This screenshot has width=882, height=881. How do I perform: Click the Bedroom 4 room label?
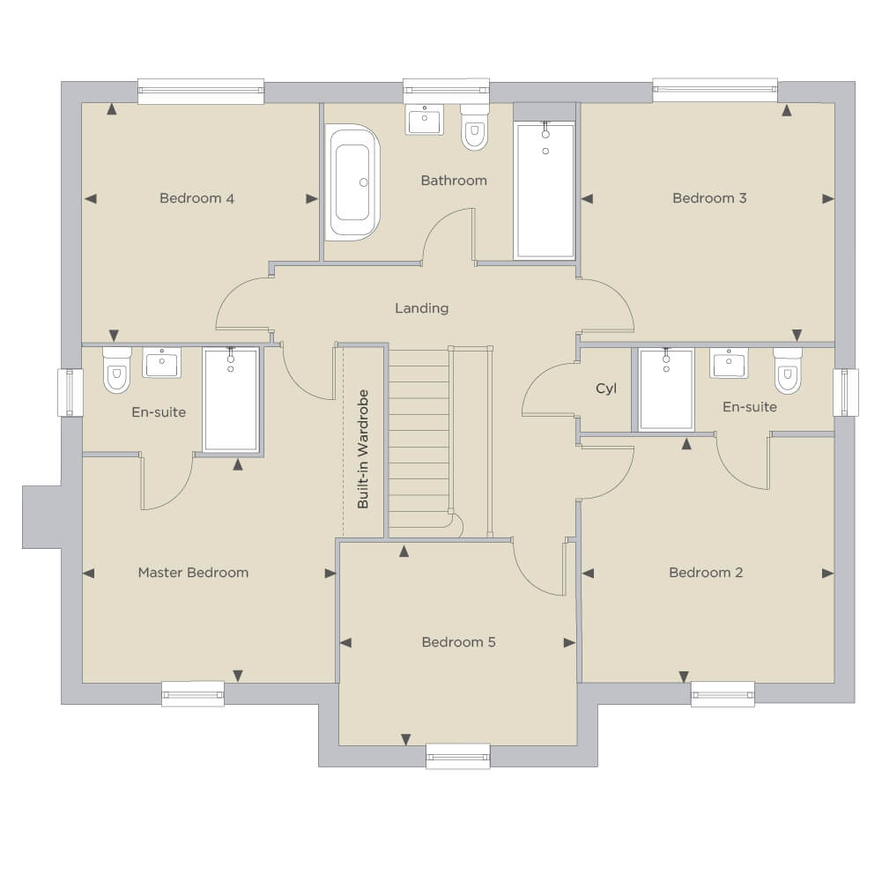(x=196, y=198)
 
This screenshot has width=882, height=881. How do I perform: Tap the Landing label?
(x=422, y=308)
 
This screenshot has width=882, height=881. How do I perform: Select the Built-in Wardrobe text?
(x=363, y=449)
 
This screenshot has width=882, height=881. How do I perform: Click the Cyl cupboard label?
(x=606, y=389)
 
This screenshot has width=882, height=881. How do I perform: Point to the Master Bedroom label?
(x=194, y=573)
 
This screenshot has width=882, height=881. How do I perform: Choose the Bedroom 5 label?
(x=459, y=642)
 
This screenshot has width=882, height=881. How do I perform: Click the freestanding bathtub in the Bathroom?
(x=352, y=182)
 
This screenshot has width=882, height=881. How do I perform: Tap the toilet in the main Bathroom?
(x=474, y=127)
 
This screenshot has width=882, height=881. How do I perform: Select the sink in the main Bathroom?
(x=424, y=119)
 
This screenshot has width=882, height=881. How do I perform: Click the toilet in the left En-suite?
(x=117, y=370)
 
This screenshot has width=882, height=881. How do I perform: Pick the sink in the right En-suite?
(x=729, y=362)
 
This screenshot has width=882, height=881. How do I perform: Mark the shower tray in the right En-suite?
(x=666, y=389)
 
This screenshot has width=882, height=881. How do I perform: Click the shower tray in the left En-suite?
(x=231, y=399)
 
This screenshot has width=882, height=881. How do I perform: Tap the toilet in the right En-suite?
(x=788, y=370)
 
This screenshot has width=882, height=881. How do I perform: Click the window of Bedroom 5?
(x=458, y=756)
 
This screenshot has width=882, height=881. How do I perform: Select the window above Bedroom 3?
(x=715, y=90)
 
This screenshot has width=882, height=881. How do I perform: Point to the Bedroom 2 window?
(x=723, y=693)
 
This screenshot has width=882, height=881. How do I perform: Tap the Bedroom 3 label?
(x=710, y=198)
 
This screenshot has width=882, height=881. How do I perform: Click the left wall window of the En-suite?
(x=70, y=392)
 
